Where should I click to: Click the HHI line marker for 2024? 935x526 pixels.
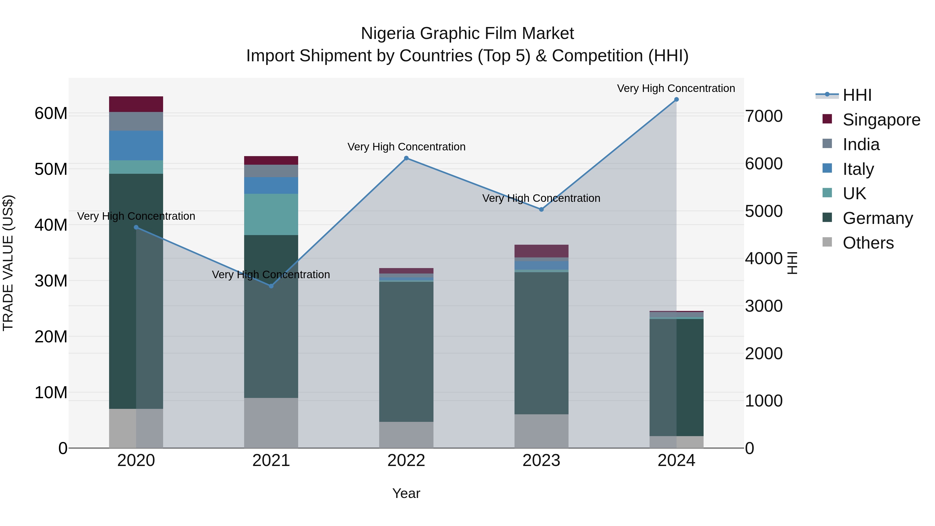click(676, 99)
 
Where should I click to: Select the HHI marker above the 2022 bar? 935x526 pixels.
click(406, 158)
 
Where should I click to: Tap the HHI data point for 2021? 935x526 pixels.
click(271, 286)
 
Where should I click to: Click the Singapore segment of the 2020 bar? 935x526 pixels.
click(136, 104)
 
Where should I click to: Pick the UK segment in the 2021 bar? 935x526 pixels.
click(271, 214)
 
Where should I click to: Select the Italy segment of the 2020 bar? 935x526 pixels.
click(136, 145)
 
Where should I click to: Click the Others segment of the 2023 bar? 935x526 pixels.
click(541, 431)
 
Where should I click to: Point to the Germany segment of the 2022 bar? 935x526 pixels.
click(406, 351)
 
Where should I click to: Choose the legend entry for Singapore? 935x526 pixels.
click(881, 120)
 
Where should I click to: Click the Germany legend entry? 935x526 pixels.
click(877, 218)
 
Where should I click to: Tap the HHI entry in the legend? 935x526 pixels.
click(857, 95)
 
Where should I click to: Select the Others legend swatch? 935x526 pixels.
click(827, 242)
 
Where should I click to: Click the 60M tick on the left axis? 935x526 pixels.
click(51, 114)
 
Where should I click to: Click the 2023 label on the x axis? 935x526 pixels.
click(541, 461)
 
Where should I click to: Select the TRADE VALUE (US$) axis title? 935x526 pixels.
click(8, 263)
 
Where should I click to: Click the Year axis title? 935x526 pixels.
click(406, 493)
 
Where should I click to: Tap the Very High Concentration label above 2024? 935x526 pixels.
click(676, 88)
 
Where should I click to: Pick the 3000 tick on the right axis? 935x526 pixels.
click(763, 306)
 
